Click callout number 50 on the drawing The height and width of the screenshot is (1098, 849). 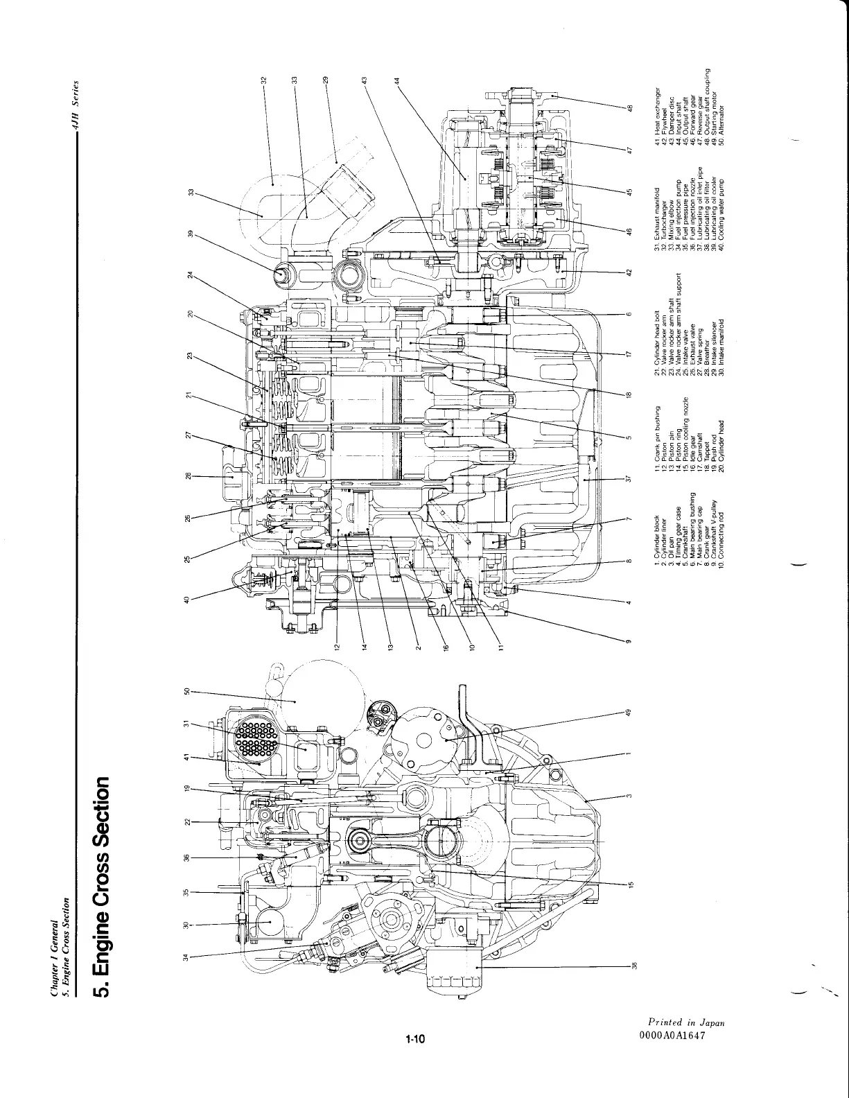click(x=185, y=691)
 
